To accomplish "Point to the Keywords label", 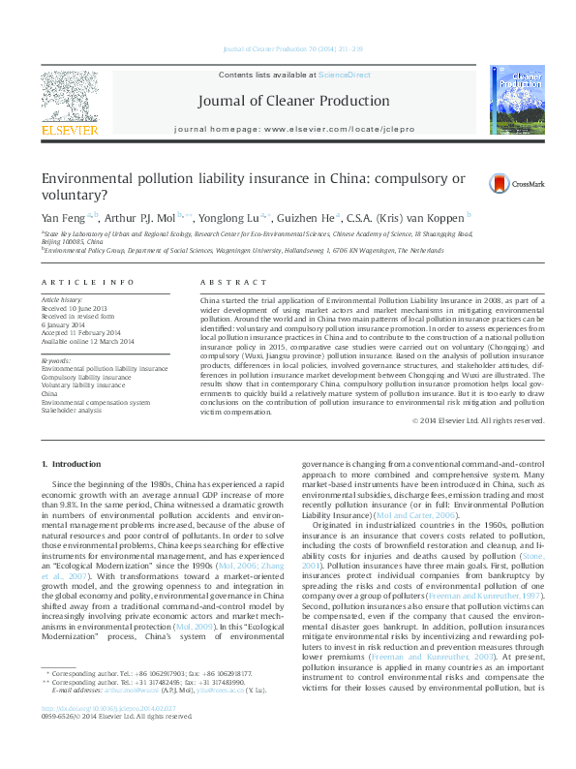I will (57, 361).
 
